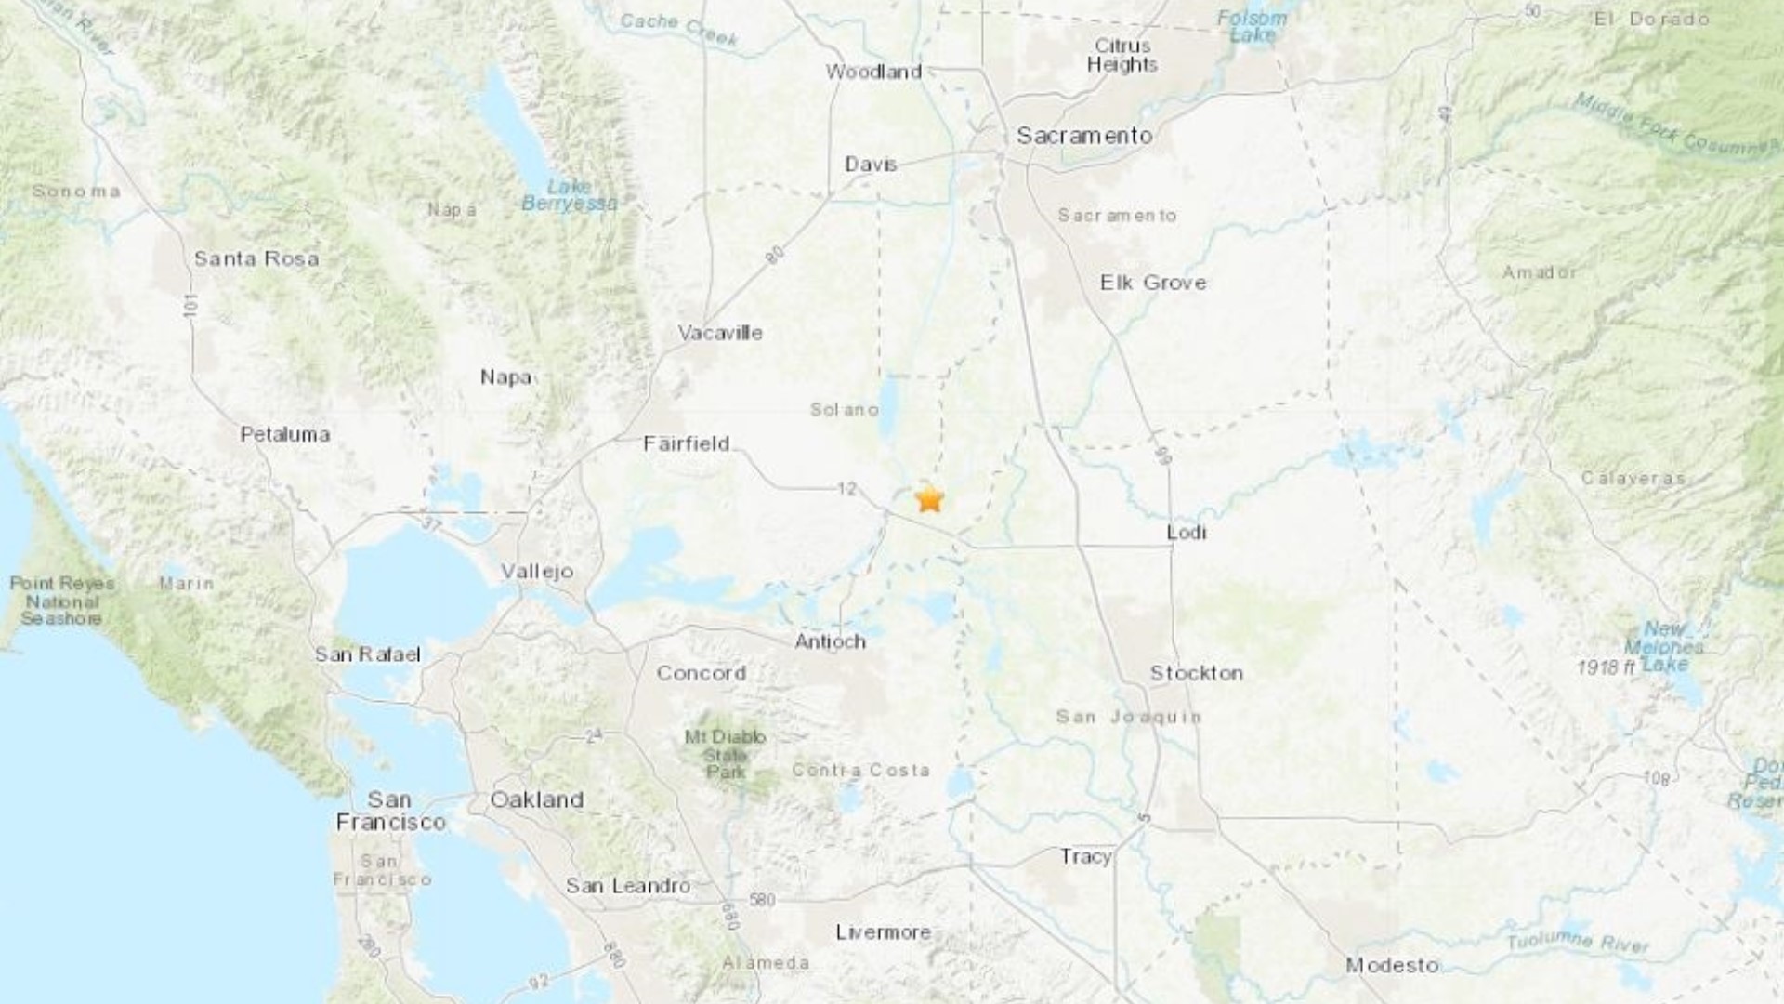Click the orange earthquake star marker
point(929,500)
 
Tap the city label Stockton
point(1196,673)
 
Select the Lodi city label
point(1187,532)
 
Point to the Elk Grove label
point(1153,283)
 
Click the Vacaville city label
point(720,333)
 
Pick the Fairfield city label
point(687,444)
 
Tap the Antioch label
point(830,641)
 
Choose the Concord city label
point(701,673)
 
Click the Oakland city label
point(536,799)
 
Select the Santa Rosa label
point(256,258)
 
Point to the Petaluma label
point(284,434)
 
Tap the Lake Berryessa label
point(569,195)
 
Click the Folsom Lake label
point(1252,26)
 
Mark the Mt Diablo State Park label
point(726,754)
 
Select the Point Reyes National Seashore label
point(61,601)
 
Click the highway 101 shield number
point(190,304)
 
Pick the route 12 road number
point(846,488)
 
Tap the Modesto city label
point(1392,966)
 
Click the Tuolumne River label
point(1577,940)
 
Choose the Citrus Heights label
point(1122,55)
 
